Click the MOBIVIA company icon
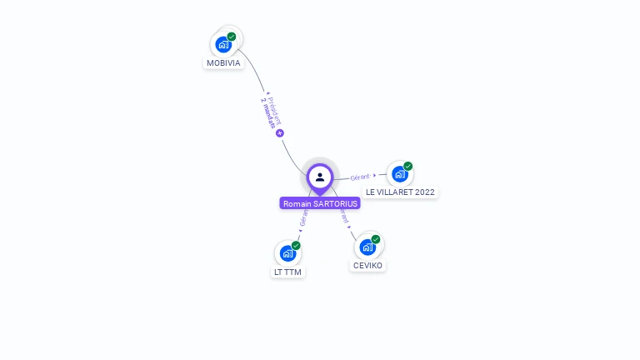pos(222,44)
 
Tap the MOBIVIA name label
pos(223,62)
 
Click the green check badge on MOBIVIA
pos(232,37)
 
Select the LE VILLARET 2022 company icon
pos(400,174)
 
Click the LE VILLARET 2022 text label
pos(400,192)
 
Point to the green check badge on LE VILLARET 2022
pos(408,166)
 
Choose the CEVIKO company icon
pos(367,247)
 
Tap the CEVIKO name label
pos(368,265)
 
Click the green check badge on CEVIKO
pos(376,239)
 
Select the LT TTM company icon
pos(287,253)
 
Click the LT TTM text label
pos(288,272)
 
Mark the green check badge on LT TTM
pos(296,246)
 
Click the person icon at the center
pos(320,177)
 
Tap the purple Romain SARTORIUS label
pos(320,203)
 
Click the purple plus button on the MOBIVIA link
pos(280,133)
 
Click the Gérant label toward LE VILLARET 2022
pos(360,177)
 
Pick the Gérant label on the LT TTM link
pos(303,218)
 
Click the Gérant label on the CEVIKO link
pos(344,216)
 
